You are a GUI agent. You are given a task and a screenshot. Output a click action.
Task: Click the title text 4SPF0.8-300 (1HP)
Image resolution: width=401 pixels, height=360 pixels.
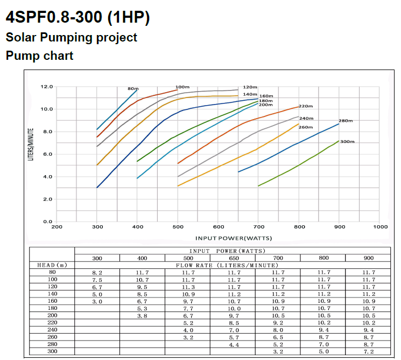77,17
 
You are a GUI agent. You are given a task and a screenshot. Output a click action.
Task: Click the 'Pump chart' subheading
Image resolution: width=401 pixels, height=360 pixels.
39,56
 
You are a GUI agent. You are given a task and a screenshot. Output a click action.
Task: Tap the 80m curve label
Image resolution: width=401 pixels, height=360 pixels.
133,88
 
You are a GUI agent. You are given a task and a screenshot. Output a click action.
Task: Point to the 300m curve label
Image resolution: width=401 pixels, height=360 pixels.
347,142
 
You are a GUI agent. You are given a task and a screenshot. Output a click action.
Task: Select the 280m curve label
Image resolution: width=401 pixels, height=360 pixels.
346,121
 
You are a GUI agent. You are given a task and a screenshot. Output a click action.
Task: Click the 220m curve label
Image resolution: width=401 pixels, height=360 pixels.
306,106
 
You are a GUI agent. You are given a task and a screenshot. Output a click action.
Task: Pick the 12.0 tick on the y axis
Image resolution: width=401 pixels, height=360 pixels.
47,87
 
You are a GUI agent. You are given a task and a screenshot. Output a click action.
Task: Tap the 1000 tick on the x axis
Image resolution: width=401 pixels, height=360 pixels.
381,227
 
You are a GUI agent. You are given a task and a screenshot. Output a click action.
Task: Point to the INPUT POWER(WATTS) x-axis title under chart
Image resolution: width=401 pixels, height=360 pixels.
233,238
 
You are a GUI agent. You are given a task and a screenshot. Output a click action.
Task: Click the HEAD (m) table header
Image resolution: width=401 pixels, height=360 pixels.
51,265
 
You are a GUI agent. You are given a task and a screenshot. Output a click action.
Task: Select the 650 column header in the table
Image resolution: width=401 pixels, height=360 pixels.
234,258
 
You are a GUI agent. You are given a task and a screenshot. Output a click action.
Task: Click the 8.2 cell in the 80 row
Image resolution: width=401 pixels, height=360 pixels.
97,273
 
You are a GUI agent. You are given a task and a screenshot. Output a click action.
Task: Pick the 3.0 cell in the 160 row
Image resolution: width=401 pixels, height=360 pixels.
97,301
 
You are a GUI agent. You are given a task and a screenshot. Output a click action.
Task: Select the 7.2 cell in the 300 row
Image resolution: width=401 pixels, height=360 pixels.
368,351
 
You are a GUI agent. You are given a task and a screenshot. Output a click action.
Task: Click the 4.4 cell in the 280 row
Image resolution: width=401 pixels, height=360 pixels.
234,344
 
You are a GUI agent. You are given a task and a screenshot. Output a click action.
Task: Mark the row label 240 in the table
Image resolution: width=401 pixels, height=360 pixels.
51,330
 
